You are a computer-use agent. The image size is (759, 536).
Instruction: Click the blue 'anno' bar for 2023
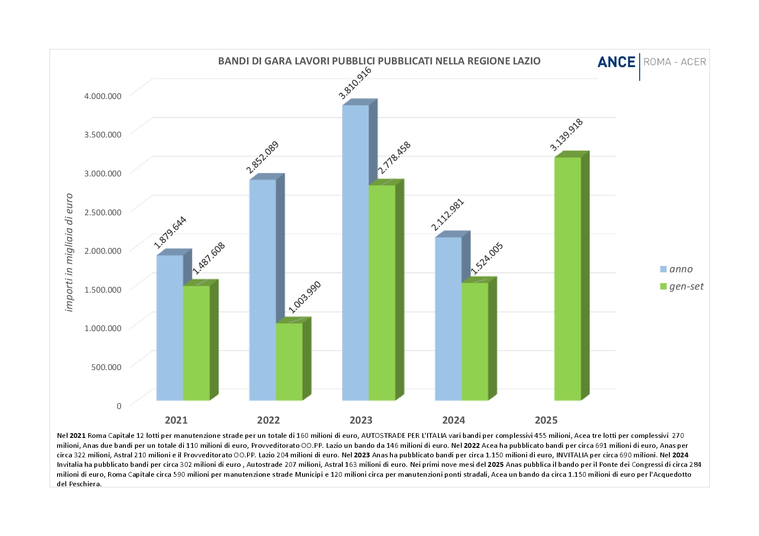coord(355,253)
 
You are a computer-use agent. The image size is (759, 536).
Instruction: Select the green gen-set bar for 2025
coord(567,279)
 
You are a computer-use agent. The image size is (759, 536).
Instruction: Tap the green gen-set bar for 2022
coord(289,361)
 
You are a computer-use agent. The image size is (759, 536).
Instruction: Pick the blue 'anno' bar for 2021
coord(170,328)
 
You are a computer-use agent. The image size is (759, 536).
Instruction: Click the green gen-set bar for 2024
coord(475,341)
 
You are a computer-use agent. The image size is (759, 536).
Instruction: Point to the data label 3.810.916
coord(355,83)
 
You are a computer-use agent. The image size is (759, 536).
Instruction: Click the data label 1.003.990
coord(305,297)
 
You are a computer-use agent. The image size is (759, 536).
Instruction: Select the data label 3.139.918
coord(566,135)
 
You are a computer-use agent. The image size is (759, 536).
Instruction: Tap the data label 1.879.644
coord(170,232)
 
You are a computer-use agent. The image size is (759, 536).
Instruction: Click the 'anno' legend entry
coord(681,269)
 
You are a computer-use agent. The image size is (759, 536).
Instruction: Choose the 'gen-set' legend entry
coord(686,287)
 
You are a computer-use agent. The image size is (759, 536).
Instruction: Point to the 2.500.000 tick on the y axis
coord(103,212)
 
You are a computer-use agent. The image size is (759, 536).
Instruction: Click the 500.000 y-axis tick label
coord(106,367)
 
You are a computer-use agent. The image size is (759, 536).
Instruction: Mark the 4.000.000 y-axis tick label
coord(103,96)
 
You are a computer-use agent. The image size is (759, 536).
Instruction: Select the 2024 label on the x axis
coord(453,420)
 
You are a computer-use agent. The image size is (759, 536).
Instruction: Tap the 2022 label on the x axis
coord(268,420)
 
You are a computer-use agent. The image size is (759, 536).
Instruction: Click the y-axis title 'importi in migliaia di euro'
coord(69,253)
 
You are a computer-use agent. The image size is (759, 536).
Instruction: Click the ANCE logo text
coord(616,62)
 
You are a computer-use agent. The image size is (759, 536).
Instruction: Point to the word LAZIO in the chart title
coord(527,61)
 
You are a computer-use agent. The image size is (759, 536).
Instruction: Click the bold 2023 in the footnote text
coord(362,455)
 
